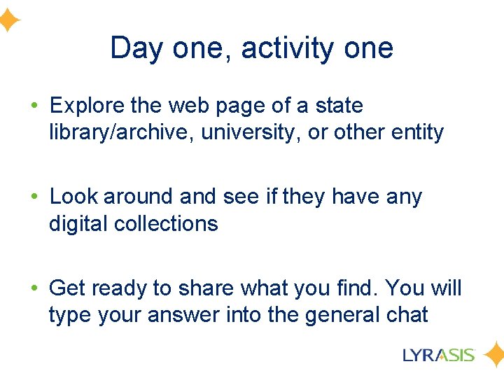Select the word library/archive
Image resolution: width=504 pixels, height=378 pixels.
point(121,132)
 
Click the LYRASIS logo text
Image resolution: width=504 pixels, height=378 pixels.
point(439,354)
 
